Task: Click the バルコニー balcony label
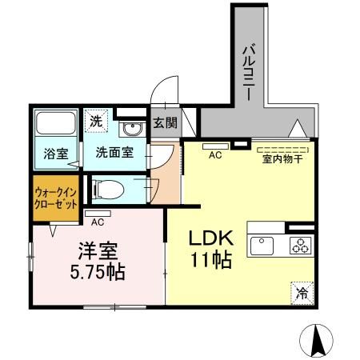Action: [249, 72]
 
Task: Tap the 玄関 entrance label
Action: [165, 123]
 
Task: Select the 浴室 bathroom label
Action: [56, 154]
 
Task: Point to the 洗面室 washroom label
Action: [114, 152]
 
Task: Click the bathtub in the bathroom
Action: [56, 123]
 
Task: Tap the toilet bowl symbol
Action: [109, 190]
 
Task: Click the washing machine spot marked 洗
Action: [96, 121]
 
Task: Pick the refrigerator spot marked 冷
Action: [302, 293]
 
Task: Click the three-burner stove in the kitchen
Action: [301, 246]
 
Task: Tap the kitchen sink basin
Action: [262, 246]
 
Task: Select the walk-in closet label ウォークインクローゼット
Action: [56, 198]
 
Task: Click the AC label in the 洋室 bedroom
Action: [98, 222]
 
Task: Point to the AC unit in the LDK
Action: [215, 146]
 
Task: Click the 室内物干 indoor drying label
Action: [282, 159]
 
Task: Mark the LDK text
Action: [211, 238]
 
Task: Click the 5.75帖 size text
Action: [98, 272]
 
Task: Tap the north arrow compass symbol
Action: [316, 341]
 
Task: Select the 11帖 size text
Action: [210, 260]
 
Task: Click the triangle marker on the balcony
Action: [298, 128]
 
